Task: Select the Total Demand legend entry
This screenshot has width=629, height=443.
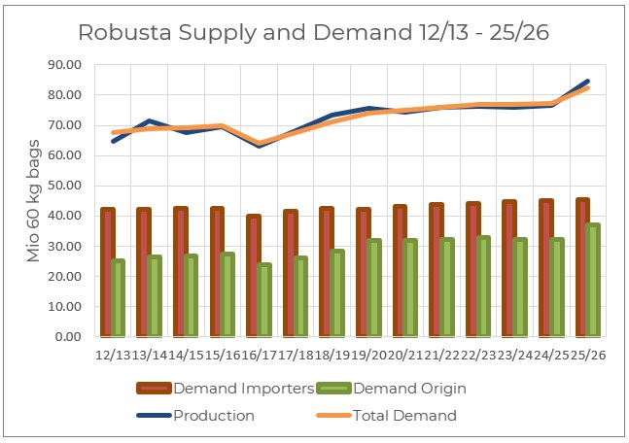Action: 395,416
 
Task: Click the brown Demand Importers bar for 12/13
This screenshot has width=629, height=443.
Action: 107,272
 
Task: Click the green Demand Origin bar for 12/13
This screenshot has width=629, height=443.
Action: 119,297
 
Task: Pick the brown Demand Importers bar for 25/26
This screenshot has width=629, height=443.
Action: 581,267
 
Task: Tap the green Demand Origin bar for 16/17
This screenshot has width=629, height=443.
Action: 264,299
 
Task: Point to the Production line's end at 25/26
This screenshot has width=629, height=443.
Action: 587,82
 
